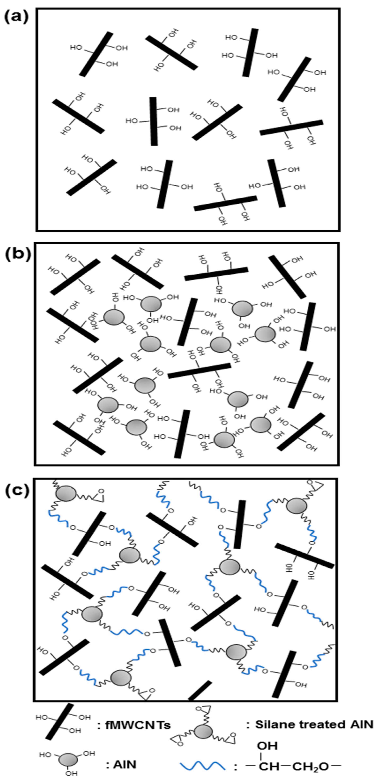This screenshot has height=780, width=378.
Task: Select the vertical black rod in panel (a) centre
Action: click(154, 121)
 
